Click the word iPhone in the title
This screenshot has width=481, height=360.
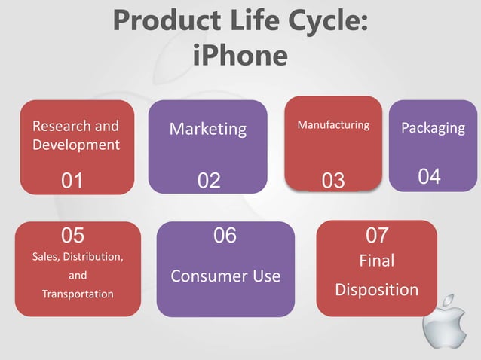click(240, 55)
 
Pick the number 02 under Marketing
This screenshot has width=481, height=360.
click(209, 181)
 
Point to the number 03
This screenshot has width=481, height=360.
click(332, 181)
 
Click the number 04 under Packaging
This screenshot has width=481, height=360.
click(429, 177)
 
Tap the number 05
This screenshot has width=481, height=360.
click(73, 235)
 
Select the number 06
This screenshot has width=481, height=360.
click(225, 236)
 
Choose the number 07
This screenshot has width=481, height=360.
click(377, 235)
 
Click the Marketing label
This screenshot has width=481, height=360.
click(208, 129)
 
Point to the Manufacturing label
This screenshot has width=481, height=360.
click(333, 124)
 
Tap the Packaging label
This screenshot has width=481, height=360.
click(433, 127)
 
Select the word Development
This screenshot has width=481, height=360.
click(76, 144)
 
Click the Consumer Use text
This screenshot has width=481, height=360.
click(225, 276)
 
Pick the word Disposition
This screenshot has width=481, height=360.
click(376, 290)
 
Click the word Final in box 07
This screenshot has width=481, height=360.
click(376, 261)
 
